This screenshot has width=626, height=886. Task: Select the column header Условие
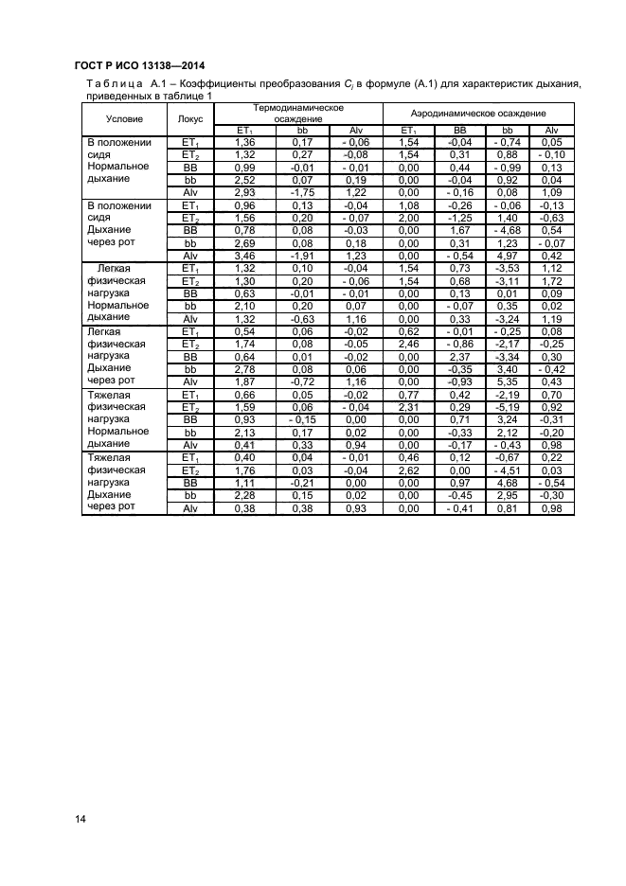(124, 118)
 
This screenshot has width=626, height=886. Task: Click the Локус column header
(189, 118)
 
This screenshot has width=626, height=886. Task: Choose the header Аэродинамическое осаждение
(479, 113)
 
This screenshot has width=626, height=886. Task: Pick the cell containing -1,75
(302, 191)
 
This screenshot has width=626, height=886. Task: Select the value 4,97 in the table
(508, 256)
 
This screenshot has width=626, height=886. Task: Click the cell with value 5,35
(508, 380)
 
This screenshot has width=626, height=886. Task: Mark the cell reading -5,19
(508, 405)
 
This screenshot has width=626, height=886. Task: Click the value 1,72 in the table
(553, 281)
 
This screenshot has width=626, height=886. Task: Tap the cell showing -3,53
(508, 269)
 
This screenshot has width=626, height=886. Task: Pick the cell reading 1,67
(459, 230)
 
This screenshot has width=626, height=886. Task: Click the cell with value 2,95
(508, 495)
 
